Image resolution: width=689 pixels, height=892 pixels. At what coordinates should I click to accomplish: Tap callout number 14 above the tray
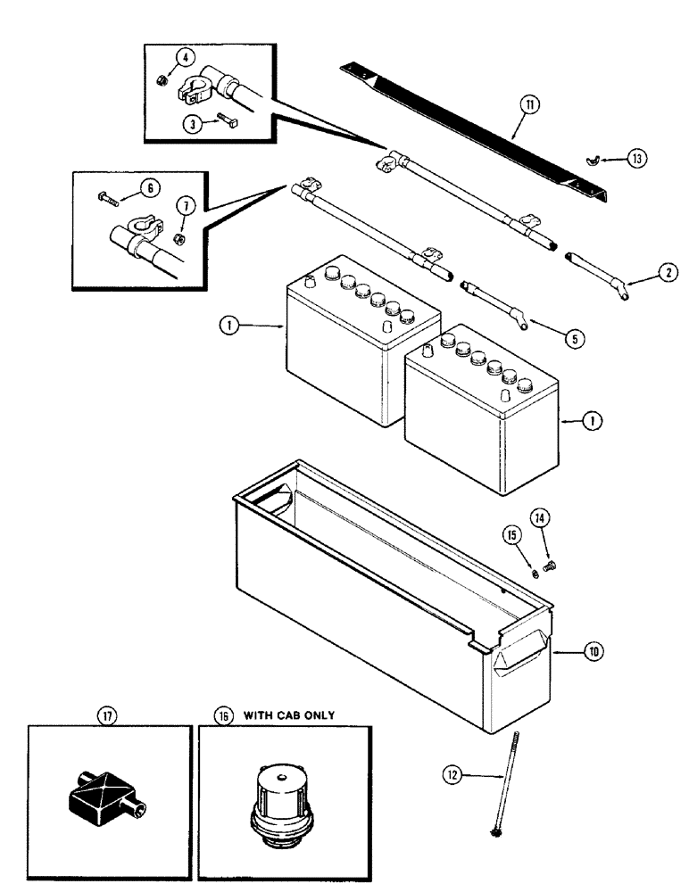pyautogui.click(x=540, y=518)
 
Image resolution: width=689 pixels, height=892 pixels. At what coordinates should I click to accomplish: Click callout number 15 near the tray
pyautogui.click(x=511, y=537)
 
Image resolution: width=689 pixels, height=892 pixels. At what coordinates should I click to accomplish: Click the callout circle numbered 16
pyautogui.click(x=220, y=714)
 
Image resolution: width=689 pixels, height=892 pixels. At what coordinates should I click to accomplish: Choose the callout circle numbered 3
pyautogui.click(x=189, y=125)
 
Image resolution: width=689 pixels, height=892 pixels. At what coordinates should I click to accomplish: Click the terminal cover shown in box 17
pyautogui.click(x=103, y=791)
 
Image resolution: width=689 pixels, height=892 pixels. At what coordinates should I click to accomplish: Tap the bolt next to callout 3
pyautogui.click(x=223, y=119)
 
